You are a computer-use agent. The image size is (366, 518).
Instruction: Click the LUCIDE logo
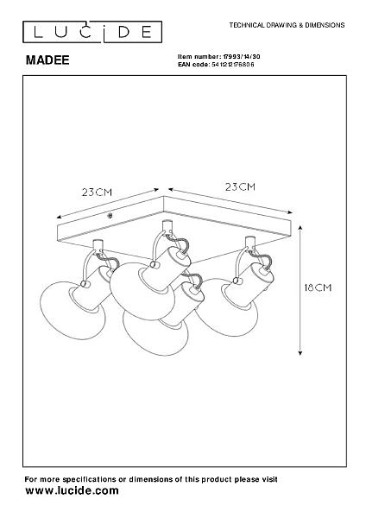pyautogui.click(x=92, y=32)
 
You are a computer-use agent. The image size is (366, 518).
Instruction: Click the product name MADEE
pyautogui.click(x=47, y=60)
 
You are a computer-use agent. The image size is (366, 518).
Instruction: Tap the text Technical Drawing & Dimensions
pyautogui.click(x=287, y=25)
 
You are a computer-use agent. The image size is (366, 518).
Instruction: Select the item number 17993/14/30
pyautogui.click(x=242, y=56)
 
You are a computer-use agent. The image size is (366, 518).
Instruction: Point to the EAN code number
pyautogui.click(x=232, y=65)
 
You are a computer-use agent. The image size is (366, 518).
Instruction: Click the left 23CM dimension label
pyautogui.click(x=98, y=193)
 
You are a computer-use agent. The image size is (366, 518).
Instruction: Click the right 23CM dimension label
pyautogui.click(x=241, y=187)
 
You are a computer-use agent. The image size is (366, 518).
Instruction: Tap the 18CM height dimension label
pyautogui.click(x=318, y=287)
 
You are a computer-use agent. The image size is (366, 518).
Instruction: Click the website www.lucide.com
pyautogui.click(x=72, y=490)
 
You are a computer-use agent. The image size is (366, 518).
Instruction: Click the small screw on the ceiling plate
pyautogui.click(x=110, y=216)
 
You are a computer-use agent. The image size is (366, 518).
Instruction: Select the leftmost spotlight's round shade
pyautogui.click(x=73, y=311)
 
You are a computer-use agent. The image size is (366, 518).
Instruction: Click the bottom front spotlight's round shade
pyautogui.click(x=155, y=333)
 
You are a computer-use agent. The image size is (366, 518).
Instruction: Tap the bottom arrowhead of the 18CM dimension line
pyautogui.click(x=300, y=353)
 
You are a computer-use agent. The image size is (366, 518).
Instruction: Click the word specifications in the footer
pyautogui.click(x=88, y=479)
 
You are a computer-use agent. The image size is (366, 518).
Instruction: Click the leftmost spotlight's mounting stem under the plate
pyautogui.click(x=98, y=245)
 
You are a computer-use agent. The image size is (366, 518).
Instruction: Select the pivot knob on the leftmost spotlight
pyautogui.click(x=85, y=284)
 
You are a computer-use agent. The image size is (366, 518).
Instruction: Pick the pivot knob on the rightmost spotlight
pyautogui.click(x=236, y=281)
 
